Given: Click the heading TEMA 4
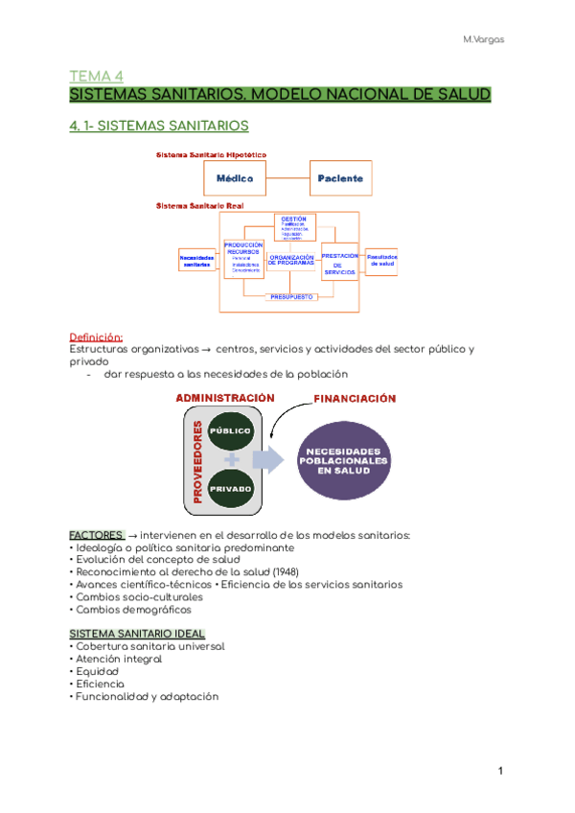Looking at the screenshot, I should [98, 76].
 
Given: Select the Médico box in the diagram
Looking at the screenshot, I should [234, 178].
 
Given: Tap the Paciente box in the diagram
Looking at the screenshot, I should [342, 178].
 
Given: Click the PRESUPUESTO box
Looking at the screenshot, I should [291, 297].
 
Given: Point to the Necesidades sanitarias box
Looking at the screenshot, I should [197, 261].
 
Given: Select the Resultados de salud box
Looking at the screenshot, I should [383, 260].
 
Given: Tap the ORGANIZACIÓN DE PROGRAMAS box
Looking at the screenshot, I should [291, 261].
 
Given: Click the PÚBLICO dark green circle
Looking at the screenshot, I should [228, 431].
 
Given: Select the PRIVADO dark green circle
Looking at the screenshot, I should [228, 489].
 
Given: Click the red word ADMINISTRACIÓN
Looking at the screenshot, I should [224, 398].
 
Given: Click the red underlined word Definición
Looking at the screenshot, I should [96, 337].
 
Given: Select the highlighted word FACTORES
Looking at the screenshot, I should [96, 534].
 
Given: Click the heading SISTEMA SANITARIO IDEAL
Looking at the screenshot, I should [137, 634].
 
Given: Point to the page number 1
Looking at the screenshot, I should [500, 771].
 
